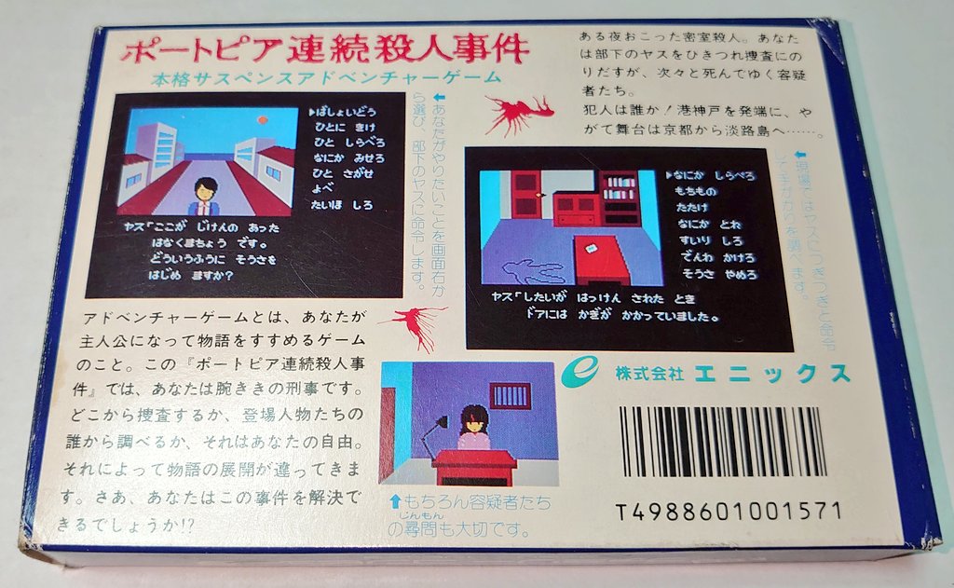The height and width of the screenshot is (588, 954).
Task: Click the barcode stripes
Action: pos(722,442)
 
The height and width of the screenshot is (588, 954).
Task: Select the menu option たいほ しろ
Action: pos(346,205)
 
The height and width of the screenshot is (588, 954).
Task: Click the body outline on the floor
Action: pos(531,272)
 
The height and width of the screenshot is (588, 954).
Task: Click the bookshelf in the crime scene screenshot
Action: pos(619,197)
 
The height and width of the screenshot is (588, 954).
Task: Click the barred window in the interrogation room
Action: pos(510,395)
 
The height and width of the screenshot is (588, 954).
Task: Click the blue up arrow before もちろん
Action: pos(395,503)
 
